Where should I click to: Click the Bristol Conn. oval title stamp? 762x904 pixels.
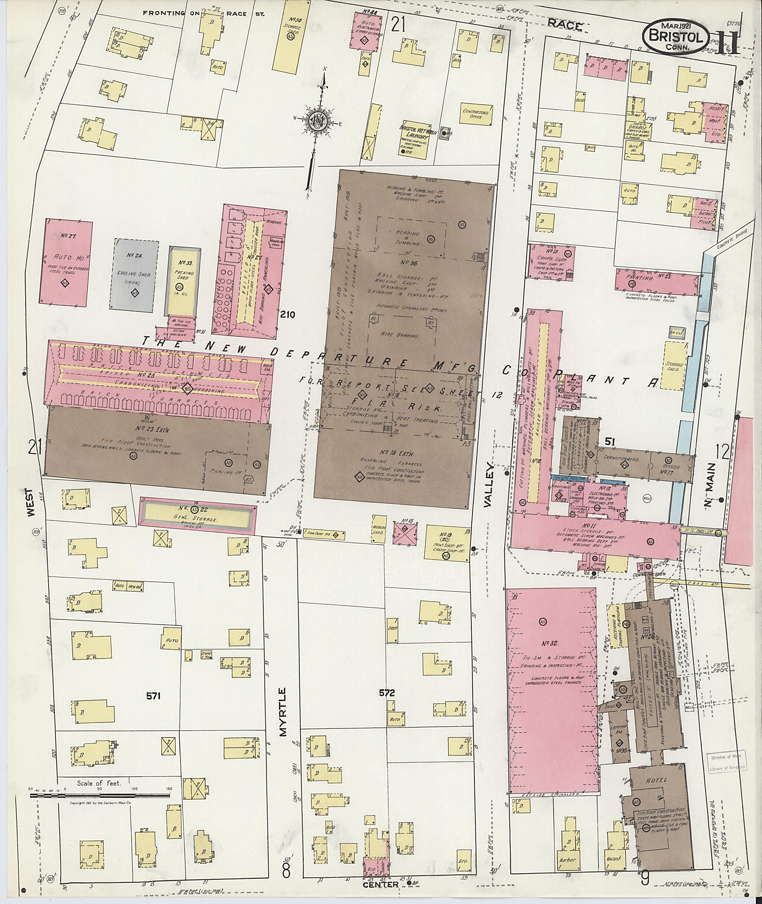pos(676,38)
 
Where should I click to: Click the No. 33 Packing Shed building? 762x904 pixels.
pos(185,281)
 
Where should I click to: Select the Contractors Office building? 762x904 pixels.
pos(476,114)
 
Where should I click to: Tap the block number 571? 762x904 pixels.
pos(153,696)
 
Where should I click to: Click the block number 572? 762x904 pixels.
pos(387,693)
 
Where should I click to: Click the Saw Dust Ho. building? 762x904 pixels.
pos(324,534)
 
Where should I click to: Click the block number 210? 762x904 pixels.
pos(287,314)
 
